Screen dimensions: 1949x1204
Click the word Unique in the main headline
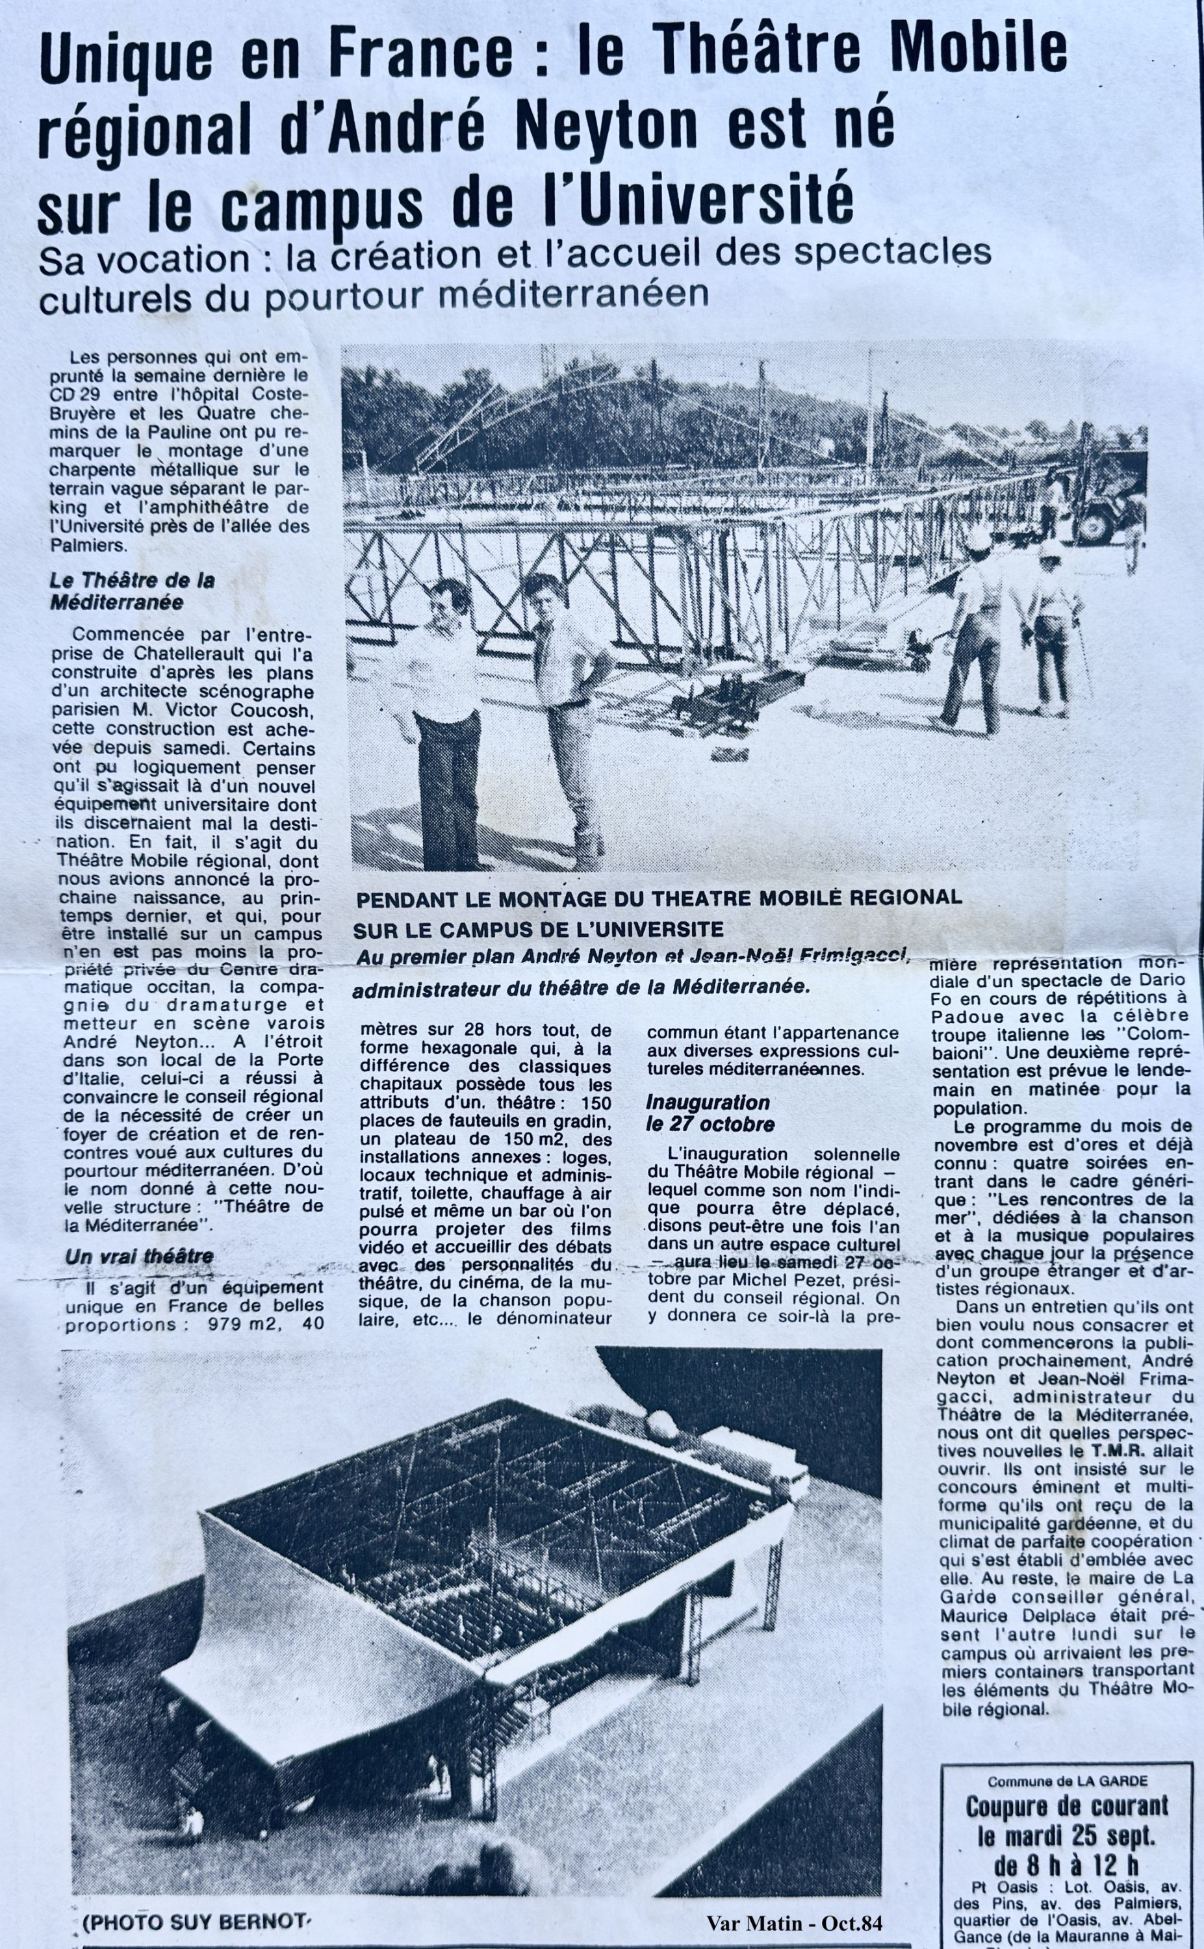tap(127, 60)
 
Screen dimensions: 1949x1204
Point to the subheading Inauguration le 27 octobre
tap(709, 1114)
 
